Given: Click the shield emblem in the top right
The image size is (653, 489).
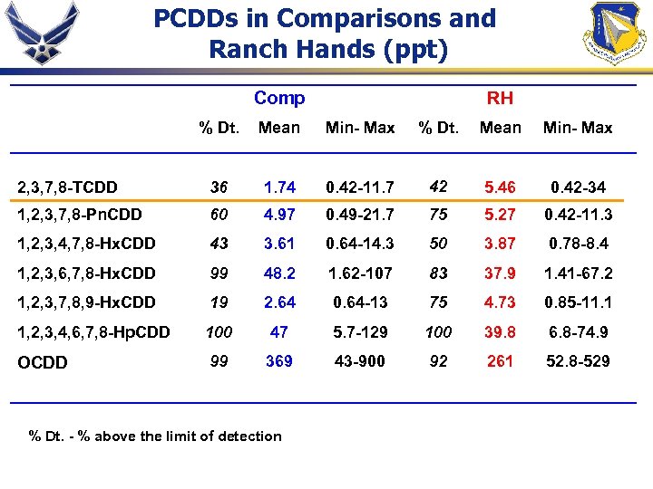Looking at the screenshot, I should tap(614, 34).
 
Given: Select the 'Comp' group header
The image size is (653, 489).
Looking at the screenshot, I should tap(279, 98).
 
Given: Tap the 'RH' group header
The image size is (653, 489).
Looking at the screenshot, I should tap(500, 98).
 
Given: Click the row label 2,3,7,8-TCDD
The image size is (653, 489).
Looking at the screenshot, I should tap(68, 187).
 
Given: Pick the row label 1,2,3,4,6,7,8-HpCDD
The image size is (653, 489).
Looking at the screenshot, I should tap(93, 332).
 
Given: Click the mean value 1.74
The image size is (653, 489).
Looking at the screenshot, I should tap(279, 187).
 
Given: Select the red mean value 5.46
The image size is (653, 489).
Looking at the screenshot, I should tap(500, 187).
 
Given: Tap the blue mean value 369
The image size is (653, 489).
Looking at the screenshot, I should tap(279, 361).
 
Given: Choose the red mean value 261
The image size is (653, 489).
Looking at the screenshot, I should tap(500, 361).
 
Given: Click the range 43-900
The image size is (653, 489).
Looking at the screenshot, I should tap(360, 361).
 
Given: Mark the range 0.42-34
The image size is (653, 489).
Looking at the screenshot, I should tap(578, 187).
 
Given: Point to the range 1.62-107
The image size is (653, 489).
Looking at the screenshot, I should tap(360, 273).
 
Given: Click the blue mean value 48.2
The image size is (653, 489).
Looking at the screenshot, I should tap(279, 273).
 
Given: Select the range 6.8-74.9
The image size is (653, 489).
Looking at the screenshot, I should tap(578, 332).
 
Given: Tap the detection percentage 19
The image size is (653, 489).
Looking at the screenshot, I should tap(219, 302).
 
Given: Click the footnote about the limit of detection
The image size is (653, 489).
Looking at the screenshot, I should tap(155, 436).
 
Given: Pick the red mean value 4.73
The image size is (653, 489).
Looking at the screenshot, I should tap(500, 302).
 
